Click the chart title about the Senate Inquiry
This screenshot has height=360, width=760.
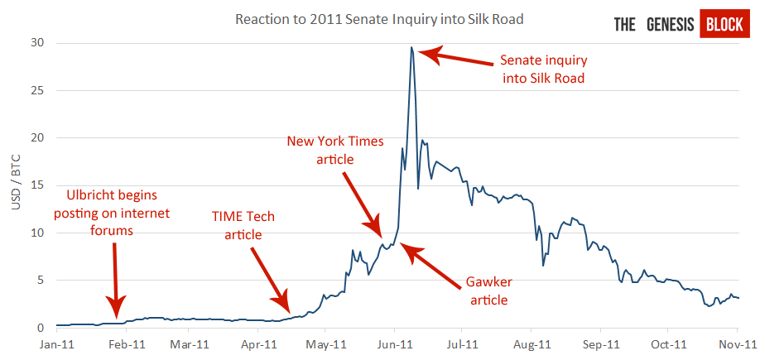coord(379,17)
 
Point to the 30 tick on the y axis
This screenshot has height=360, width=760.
coord(37,43)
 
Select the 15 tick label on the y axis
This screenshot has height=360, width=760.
coord(37,185)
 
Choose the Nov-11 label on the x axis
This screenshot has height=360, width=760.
coord(738,343)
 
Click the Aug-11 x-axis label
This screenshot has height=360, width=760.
coord(533,343)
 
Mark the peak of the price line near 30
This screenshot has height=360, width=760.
coord(411,48)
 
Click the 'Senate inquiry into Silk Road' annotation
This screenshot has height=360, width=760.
coord(542,70)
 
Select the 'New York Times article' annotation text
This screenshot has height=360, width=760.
coord(335,150)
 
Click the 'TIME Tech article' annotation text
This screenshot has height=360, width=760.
coord(243,225)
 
